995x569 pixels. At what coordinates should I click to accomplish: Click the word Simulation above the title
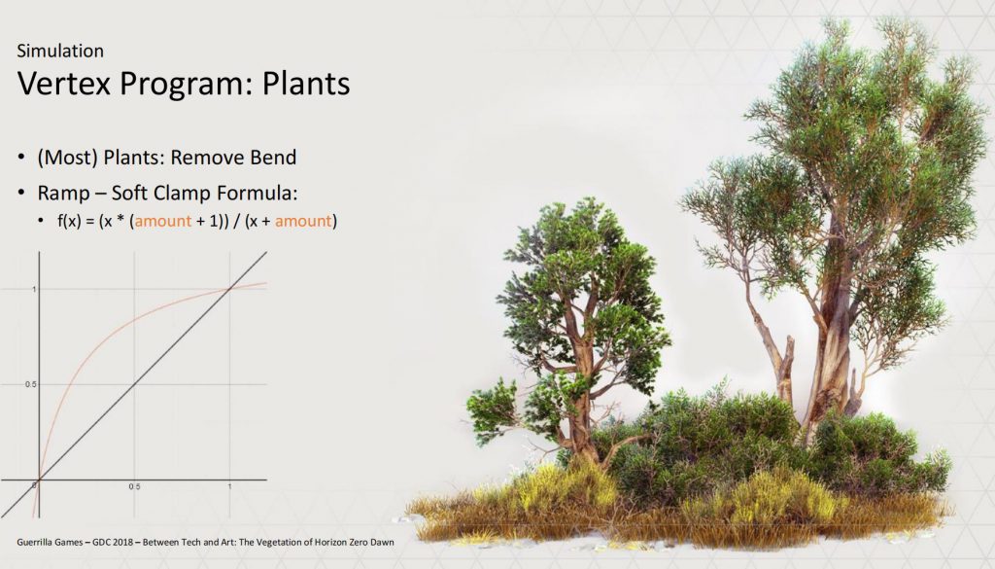point(60,51)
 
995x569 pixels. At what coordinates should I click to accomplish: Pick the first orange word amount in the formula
point(163,221)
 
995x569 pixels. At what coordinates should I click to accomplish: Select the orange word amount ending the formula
point(303,221)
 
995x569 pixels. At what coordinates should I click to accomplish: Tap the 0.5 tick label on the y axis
point(30,384)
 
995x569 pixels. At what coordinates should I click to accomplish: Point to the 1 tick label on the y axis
point(34,289)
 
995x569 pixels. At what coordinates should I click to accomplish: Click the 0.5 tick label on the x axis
point(134,487)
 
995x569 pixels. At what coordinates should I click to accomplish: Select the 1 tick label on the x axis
point(229,487)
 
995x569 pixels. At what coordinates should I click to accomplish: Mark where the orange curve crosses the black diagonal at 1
point(229,290)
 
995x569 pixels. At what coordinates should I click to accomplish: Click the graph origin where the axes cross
point(39,480)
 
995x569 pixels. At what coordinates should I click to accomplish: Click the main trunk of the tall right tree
point(832,343)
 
